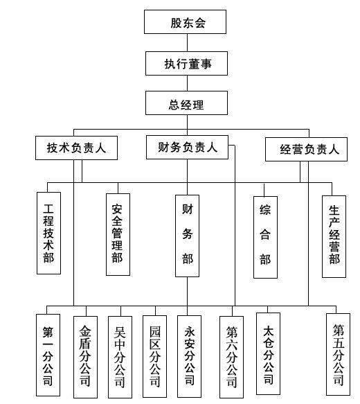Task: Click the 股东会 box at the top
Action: click(185, 22)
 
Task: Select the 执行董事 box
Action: click(186, 63)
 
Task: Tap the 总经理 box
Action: click(186, 103)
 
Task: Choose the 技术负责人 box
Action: click(76, 148)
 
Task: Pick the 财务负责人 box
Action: click(187, 147)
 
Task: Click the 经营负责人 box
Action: click(306, 150)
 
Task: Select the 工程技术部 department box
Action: click(49, 233)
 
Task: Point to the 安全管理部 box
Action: click(118, 234)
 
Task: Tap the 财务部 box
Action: click(188, 236)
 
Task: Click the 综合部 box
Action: click(266, 237)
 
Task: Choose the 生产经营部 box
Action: click(334, 236)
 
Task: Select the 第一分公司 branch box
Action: click(48, 355)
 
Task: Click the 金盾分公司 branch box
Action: click(85, 357)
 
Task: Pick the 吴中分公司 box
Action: click(120, 357)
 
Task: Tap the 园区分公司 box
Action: click(154, 356)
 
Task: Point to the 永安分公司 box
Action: click(190, 356)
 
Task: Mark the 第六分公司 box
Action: click(232, 357)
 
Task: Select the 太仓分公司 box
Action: click(269, 353)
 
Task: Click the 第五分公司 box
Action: click(338, 354)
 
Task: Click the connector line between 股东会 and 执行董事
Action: click(187, 43)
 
